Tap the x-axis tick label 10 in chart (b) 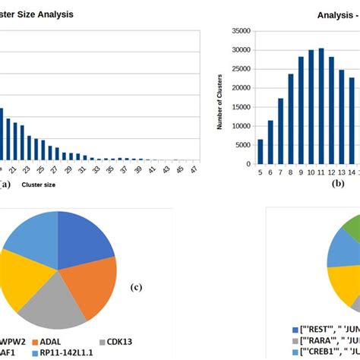[311, 172]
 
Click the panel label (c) [137, 287]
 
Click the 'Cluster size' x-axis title [38, 184]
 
